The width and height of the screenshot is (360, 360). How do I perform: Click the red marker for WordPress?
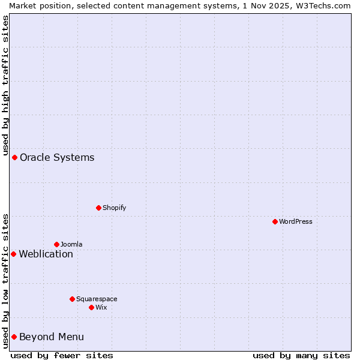[x=275, y=221]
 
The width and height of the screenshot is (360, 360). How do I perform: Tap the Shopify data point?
[x=98, y=208]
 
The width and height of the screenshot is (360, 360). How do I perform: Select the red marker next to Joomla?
[x=56, y=244]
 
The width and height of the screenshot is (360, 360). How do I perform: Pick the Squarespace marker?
[x=72, y=299]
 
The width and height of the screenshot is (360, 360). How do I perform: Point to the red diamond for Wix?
[x=91, y=307]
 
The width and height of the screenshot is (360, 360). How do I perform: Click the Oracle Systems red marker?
[x=14, y=157]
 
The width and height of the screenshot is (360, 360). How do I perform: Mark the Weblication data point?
[x=13, y=254]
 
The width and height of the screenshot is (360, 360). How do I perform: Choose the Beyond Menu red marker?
[x=14, y=337]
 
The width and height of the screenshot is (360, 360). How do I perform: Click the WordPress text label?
[x=296, y=221]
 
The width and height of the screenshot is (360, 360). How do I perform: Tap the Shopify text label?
[x=114, y=208]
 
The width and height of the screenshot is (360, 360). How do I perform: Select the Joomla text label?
[x=71, y=244]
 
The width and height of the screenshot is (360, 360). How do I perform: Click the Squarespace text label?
[x=97, y=299]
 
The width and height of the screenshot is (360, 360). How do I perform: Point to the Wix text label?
[x=101, y=307]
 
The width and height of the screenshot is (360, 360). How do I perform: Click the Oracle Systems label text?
[x=57, y=157]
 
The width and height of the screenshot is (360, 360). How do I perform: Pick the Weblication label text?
[x=46, y=254]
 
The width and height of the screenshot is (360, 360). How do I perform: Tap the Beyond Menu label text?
[x=52, y=337]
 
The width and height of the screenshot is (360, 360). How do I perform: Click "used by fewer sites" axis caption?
[x=62, y=355]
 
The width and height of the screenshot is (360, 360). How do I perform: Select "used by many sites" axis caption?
[x=301, y=355]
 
